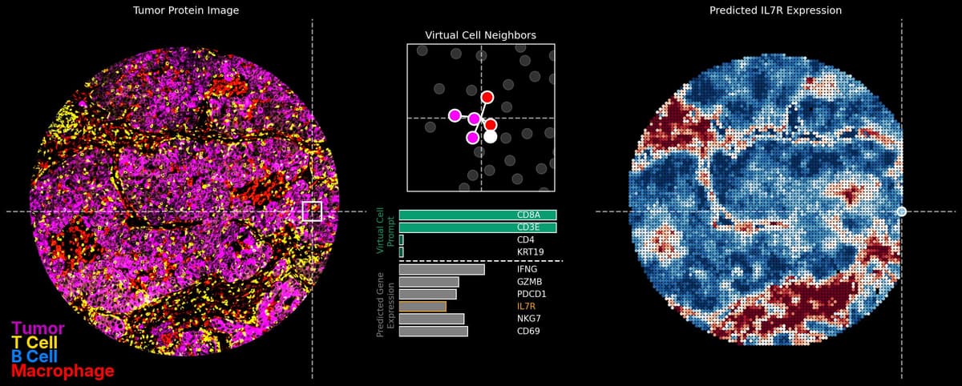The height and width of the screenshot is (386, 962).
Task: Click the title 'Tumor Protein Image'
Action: point(186,10)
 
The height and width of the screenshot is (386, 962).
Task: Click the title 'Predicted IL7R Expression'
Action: point(775,10)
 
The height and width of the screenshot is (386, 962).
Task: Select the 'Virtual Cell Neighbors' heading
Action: point(480,35)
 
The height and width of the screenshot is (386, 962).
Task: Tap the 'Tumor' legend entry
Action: point(38,328)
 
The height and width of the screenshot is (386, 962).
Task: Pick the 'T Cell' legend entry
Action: point(34,343)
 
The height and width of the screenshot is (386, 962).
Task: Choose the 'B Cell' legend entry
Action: point(34,357)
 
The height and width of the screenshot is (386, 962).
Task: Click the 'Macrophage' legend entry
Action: point(63,372)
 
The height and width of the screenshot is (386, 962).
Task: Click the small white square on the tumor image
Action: point(312,211)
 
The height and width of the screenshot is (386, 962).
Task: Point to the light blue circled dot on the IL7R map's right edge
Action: point(902,211)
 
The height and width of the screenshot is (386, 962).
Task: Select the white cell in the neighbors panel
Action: point(491,137)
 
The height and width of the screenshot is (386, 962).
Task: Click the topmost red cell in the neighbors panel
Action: point(487,97)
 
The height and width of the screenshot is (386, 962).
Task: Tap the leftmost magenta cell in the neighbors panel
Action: point(455,115)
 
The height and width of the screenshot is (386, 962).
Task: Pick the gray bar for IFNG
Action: point(442,269)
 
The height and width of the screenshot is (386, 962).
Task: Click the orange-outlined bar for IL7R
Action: point(422,306)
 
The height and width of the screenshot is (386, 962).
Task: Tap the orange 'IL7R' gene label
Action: point(526,306)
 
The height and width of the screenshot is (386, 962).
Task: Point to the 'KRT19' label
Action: point(531,252)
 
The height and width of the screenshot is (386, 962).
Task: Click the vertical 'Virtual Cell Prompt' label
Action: point(386,231)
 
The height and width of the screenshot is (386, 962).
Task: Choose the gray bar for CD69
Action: point(433,331)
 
